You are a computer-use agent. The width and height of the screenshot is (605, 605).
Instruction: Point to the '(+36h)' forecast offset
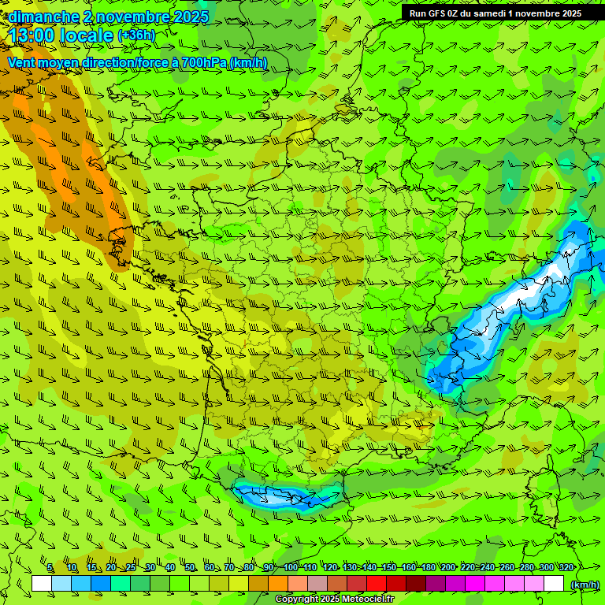click(136, 35)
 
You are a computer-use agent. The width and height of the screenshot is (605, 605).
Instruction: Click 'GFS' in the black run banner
click(438, 13)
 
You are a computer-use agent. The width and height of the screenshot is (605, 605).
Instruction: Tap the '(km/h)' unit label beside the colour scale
click(584, 585)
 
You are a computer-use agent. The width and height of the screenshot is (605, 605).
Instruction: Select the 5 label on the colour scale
click(50, 568)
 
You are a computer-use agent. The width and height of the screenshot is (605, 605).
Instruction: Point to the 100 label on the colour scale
click(291, 568)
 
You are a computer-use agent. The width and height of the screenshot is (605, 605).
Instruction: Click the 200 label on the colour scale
click(448, 568)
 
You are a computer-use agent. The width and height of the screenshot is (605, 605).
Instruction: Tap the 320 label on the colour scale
click(566, 568)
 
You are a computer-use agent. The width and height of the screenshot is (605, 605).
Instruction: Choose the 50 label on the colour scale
click(190, 568)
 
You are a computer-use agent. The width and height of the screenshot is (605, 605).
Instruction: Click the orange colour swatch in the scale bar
click(278, 584)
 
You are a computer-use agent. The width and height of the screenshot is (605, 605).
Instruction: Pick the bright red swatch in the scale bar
click(377, 584)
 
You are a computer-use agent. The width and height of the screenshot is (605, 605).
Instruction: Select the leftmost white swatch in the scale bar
click(42, 584)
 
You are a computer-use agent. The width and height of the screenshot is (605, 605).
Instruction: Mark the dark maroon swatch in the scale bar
click(416, 584)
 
